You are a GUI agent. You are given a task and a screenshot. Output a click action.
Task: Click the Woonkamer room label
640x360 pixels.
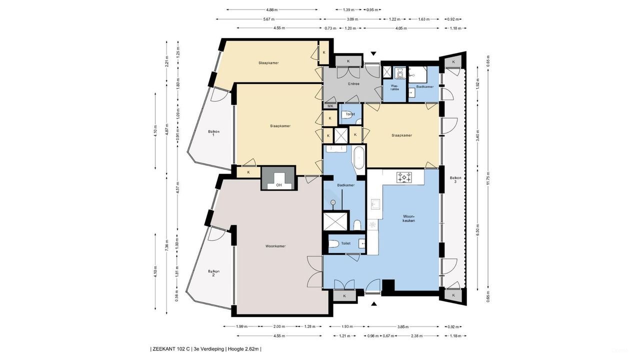(275, 246)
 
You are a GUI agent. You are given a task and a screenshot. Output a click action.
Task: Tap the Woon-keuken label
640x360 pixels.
(409, 218)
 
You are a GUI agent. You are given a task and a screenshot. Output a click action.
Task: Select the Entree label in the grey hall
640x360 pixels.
(353, 84)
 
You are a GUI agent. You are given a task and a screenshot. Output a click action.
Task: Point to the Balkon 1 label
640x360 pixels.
(213, 133)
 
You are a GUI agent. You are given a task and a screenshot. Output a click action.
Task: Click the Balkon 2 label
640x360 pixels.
(213, 273)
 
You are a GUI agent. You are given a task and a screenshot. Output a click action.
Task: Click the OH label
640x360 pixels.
(279, 185)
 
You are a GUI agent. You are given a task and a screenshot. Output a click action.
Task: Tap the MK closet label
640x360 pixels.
(330, 106)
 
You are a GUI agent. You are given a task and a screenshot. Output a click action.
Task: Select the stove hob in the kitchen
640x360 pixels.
(404, 177)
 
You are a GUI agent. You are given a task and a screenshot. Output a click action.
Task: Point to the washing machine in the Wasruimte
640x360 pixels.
(399, 73)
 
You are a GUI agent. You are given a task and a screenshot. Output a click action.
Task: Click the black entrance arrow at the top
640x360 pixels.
(373, 53)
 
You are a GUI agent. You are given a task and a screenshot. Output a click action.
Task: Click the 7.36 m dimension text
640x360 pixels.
(167, 245)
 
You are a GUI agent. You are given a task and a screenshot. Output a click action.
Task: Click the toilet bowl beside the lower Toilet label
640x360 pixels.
(333, 244)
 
